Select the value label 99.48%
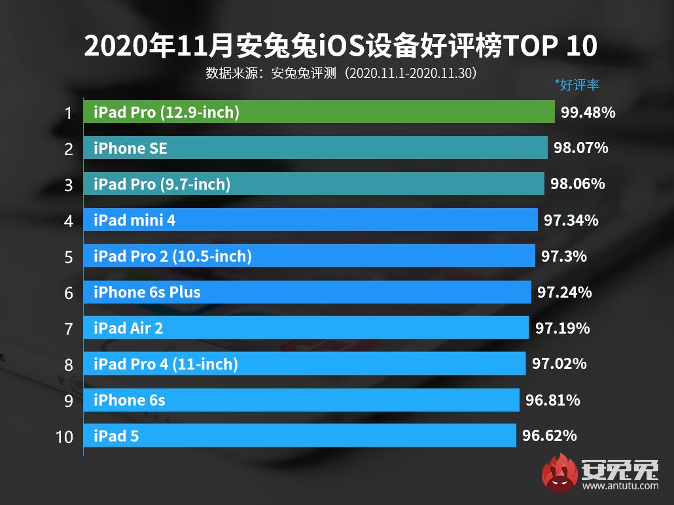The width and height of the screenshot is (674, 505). click(x=588, y=113)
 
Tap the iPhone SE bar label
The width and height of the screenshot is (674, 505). click(x=130, y=148)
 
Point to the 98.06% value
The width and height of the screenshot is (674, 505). click(x=577, y=184)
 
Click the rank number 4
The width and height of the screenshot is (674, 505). click(x=69, y=221)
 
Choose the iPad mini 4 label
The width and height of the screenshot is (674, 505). click(x=134, y=220)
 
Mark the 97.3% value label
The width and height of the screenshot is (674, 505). click(x=563, y=256)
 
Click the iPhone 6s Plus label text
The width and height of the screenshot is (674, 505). click(x=147, y=292)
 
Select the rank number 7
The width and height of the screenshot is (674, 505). click(x=69, y=328)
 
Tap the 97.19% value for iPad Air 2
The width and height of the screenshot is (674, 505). click(x=562, y=328)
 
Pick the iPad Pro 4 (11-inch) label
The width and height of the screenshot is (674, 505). click(x=166, y=364)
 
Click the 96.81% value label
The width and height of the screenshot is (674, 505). click(x=552, y=400)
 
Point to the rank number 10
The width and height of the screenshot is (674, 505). click(x=64, y=436)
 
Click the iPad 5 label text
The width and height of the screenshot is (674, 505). click(x=116, y=435)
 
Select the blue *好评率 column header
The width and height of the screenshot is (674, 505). click(x=576, y=84)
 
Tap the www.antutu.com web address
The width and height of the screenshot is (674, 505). click(x=620, y=486)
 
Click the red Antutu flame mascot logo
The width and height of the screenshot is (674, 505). click(x=558, y=472)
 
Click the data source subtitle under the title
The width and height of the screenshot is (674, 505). click(x=340, y=72)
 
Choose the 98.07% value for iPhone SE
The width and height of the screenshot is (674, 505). click(x=580, y=148)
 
